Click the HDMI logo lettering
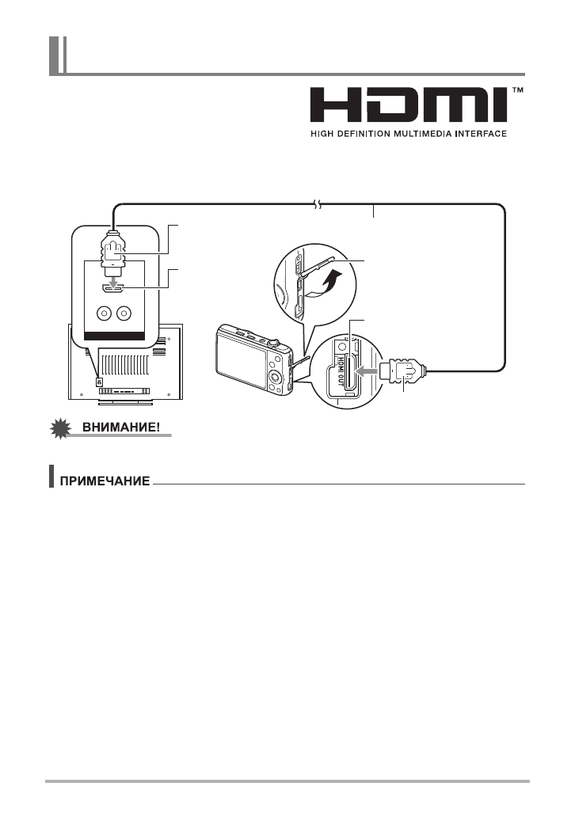coord(408,105)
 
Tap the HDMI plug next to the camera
coord(404,370)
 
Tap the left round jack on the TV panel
coord(101,313)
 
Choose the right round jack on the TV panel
coord(124,313)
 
